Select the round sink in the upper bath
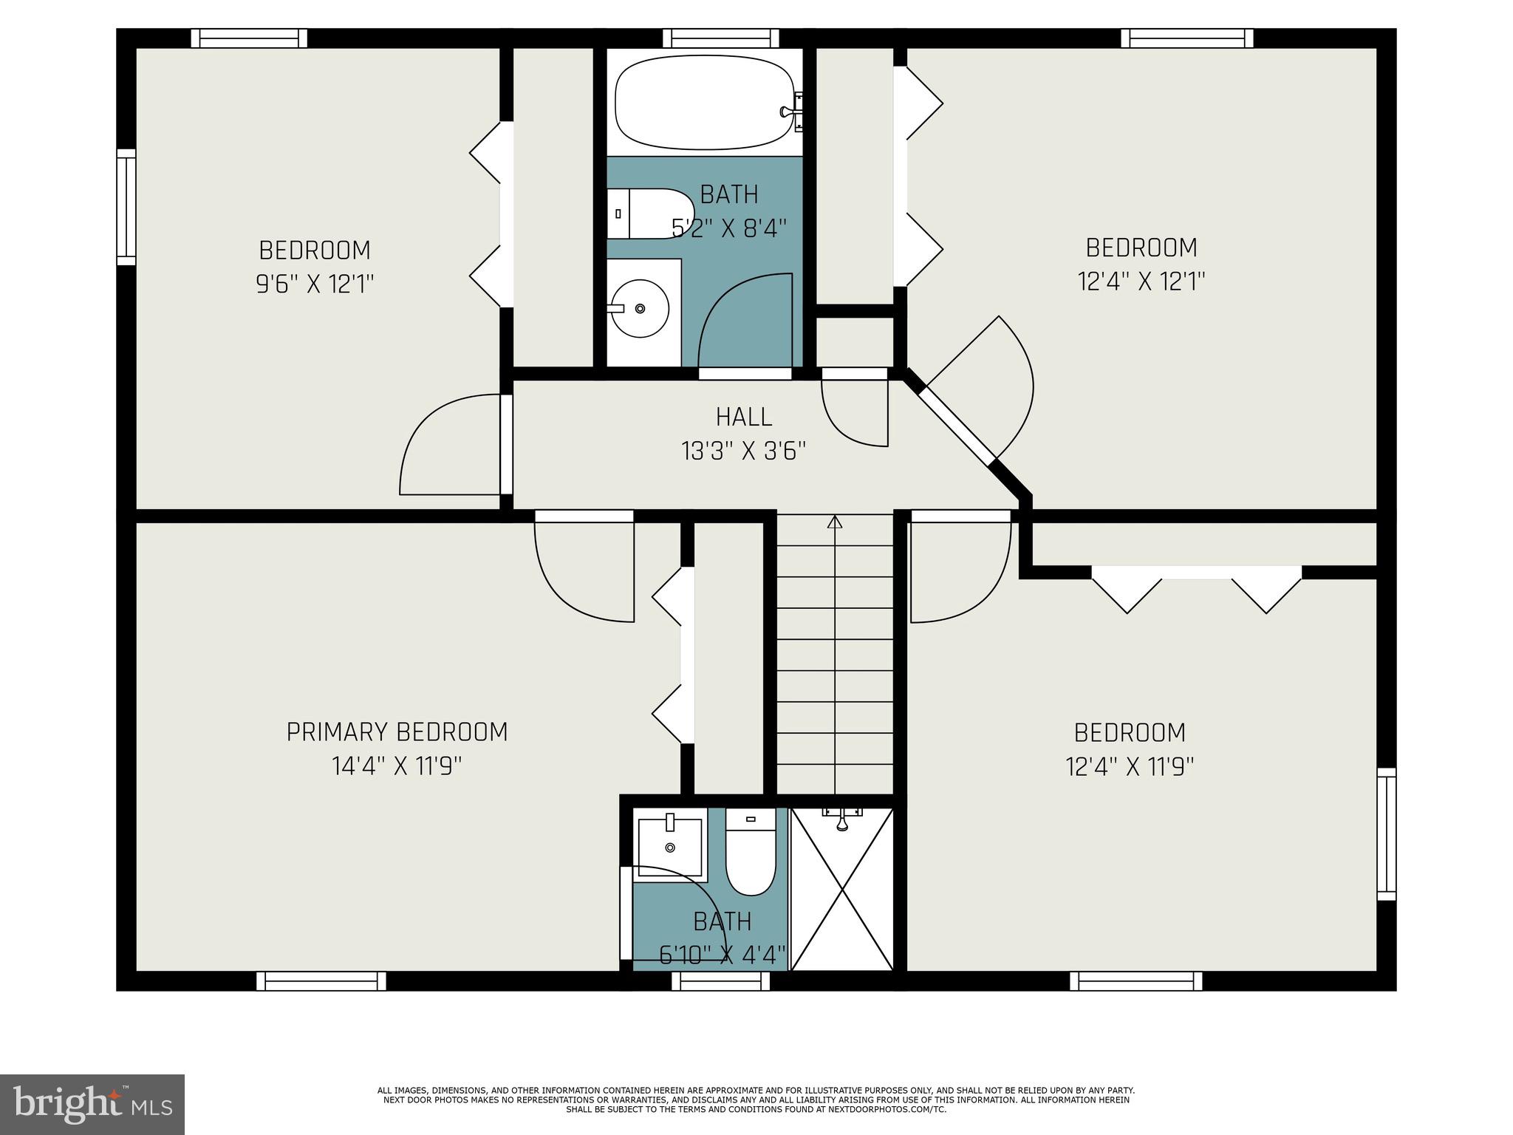click(640, 308)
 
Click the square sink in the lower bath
click(670, 845)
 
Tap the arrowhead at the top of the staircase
click(835, 522)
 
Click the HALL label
click(744, 417)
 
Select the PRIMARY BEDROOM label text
click(397, 732)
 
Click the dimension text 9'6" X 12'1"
click(315, 284)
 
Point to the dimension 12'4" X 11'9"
click(1130, 767)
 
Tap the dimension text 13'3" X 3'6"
click(743, 451)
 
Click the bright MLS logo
click(92, 1104)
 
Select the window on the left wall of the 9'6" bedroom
click(126, 207)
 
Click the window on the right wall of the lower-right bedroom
click(1387, 834)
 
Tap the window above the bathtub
click(720, 38)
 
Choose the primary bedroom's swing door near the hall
click(584, 569)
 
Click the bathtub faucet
click(790, 112)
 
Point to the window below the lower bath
click(720, 981)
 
